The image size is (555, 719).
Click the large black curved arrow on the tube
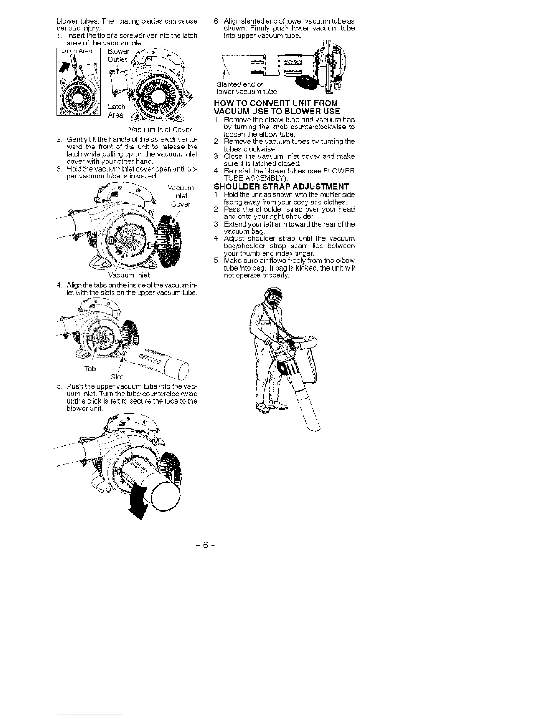139,502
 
